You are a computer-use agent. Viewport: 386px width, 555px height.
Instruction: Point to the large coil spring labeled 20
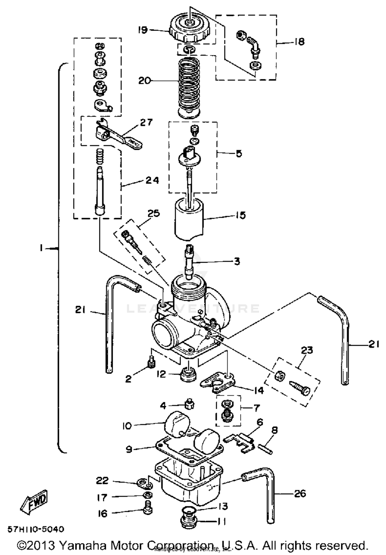pyautogui.click(x=189, y=87)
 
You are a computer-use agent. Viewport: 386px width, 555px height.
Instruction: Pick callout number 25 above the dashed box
pyautogui.click(x=154, y=213)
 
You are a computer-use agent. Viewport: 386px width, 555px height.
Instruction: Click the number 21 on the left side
pyautogui.click(x=80, y=310)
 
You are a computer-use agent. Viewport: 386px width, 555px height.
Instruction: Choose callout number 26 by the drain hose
pyautogui.click(x=300, y=494)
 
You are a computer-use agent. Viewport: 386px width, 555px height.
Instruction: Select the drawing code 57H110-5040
pyautogui.click(x=35, y=529)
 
